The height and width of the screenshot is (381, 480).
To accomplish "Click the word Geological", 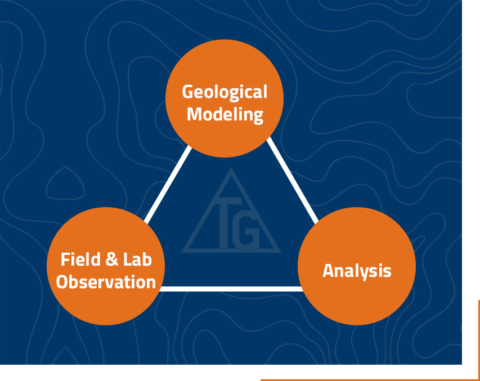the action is point(225,92).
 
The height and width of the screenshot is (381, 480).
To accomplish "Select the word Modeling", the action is point(225,115).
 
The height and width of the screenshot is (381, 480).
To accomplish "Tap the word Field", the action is point(80,259).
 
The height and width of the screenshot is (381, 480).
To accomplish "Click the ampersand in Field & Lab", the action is point(112,259).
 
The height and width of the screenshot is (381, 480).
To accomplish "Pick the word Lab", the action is point(137,259).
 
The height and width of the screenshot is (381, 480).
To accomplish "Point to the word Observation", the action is point(106,281).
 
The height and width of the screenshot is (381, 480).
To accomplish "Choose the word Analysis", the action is point(357,271).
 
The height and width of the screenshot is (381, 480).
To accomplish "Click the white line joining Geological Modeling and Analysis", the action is point(293,181).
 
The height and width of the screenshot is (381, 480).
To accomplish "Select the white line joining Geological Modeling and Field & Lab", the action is point(168,185).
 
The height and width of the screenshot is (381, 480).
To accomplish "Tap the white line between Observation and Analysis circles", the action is point(231,289).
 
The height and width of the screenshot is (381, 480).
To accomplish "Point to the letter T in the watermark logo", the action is point(227,223).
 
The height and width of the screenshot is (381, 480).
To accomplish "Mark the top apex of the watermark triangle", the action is point(231,168).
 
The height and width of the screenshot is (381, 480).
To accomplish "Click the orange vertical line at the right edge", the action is point(478,340).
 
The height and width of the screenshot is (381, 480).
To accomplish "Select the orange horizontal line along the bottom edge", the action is point(370,380).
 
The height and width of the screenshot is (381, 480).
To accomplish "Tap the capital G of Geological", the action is point(189,92).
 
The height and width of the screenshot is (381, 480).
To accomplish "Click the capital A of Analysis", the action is point(329,271).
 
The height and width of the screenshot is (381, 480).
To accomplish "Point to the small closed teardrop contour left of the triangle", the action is point(65,184).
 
